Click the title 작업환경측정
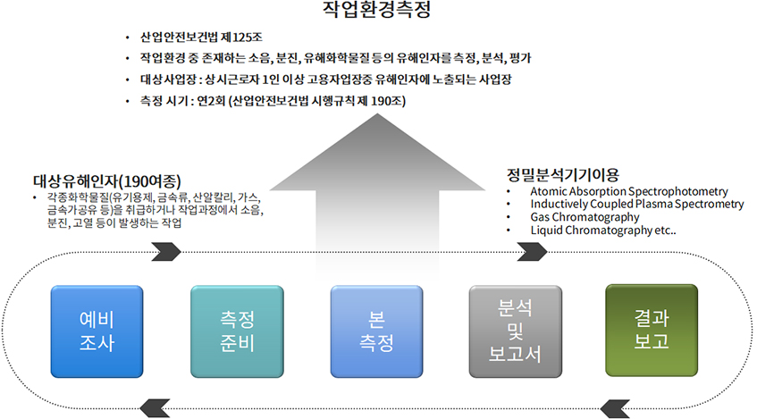pyautogui.click(x=376, y=10)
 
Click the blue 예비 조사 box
pyautogui.click(x=97, y=331)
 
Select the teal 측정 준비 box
pyautogui.click(x=237, y=331)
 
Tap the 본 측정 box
pyautogui.click(x=376, y=331)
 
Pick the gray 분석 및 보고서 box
pyautogui.click(x=516, y=331)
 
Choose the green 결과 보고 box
pyautogui.click(x=652, y=331)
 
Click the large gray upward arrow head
pyautogui.click(x=377, y=152)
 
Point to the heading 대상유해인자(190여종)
pyautogui.click(x=107, y=181)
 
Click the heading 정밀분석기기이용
pyautogui.click(x=562, y=174)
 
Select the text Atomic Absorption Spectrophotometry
pyautogui.click(x=629, y=192)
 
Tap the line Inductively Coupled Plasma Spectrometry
pyautogui.click(x=637, y=205)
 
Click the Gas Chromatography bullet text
pyautogui.click(x=585, y=217)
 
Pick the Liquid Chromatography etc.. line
pyautogui.click(x=603, y=230)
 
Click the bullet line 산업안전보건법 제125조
pyautogui.click(x=201, y=38)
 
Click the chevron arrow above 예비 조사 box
pyautogui.click(x=166, y=252)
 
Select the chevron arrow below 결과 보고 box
pyautogui.click(x=615, y=408)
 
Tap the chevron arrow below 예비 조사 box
pyautogui.click(x=155, y=408)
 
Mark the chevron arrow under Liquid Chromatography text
pyautogui.click(x=533, y=252)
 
